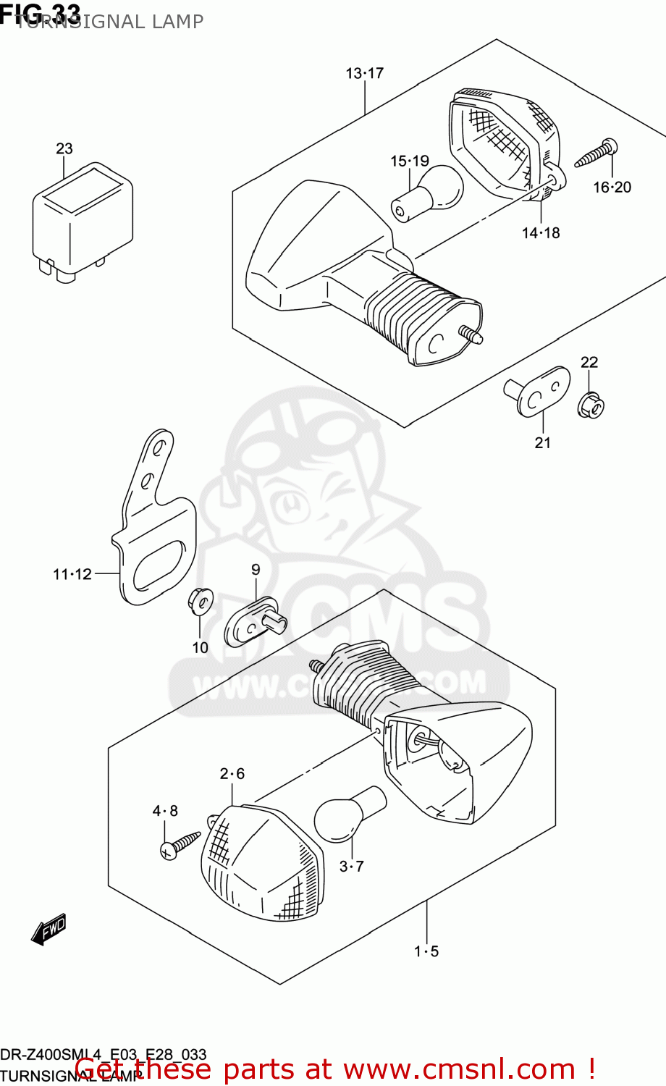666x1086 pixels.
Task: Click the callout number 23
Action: (64, 148)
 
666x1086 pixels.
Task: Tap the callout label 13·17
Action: (364, 73)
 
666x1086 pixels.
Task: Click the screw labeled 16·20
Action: (597, 153)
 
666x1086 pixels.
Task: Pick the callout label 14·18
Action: (541, 232)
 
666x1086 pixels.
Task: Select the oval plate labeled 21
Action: (538, 392)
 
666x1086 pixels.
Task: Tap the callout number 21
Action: (542, 442)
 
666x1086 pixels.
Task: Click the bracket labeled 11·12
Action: (156, 536)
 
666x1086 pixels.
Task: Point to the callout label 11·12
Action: (72, 574)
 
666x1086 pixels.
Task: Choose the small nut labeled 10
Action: (201, 601)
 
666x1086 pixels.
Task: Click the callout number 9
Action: (256, 570)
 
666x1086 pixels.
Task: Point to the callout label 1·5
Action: (426, 951)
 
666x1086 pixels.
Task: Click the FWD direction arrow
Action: (49, 929)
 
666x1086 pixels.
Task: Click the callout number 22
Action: (589, 362)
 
